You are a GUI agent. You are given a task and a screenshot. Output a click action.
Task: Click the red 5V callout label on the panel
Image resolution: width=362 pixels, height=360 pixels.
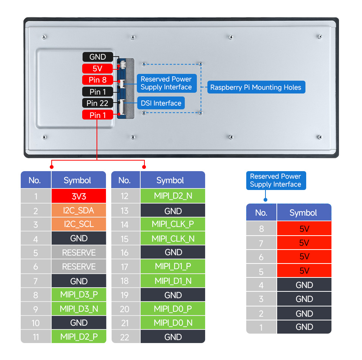(x=97, y=69)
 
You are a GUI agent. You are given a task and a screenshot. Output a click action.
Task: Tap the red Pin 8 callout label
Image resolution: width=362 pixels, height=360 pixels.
(x=97, y=80)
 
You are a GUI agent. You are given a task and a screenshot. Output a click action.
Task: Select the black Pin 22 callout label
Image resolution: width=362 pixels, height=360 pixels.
(x=97, y=103)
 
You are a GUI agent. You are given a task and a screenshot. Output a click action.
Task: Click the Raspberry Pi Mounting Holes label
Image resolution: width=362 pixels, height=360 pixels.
(x=256, y=87)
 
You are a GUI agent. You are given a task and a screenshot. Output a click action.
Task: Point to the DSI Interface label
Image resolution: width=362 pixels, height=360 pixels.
(x=161, y=103)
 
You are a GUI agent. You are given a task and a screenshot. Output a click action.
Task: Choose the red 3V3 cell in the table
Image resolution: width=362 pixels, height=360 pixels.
(x=79, y=196)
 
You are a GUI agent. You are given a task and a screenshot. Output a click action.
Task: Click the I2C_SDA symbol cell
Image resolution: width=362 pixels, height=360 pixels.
(x=79, y=210)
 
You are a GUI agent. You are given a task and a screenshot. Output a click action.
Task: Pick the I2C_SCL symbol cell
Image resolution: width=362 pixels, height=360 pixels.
(x=79, y=224)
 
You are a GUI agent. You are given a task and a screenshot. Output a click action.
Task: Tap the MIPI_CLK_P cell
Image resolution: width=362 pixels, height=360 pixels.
(x=173, y=224)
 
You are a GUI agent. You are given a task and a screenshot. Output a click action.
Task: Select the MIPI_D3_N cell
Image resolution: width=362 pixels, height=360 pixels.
(x=79, y=309)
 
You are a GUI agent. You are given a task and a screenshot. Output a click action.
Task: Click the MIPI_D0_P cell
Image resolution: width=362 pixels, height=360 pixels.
(x=173, y=309)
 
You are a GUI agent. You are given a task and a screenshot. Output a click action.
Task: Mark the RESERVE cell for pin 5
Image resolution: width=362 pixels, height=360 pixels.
(x=79, y=253)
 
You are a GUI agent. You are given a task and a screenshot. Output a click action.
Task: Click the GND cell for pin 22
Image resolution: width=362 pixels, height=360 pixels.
(x=173, y=337)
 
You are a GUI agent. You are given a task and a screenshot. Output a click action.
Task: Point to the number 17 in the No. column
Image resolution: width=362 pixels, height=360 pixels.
(x=125, y=267)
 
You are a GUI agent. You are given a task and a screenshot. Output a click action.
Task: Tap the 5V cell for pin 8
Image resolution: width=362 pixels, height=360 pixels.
(x=304, y=229)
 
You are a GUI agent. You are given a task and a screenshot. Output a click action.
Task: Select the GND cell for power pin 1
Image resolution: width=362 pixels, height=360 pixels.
(x=304, y=327)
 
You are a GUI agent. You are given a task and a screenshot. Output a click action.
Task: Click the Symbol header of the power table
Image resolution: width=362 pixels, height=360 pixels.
(x=303, y=213)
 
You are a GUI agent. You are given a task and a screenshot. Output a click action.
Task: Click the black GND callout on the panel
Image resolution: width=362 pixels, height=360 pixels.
(x=97, y=57)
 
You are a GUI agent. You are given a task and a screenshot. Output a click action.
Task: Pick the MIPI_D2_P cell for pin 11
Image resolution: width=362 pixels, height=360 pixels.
(x=79, y=337)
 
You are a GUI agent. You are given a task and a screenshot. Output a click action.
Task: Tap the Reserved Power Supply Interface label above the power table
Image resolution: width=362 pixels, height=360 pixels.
(x=276, y=181)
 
